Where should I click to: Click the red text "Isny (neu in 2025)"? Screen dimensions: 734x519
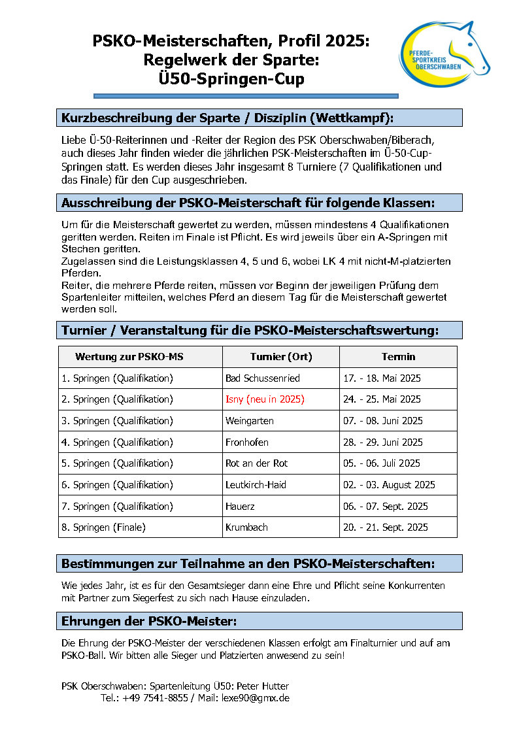(x=265, y=399)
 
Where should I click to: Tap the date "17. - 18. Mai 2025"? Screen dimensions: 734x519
(x=382, y=378)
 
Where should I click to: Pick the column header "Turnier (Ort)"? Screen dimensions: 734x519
(x=281, y=357)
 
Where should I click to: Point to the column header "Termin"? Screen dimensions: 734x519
(x=398, y=357)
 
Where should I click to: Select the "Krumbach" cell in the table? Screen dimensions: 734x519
(x=246, y=527)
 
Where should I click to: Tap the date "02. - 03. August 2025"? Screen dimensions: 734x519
(x=389, y=485)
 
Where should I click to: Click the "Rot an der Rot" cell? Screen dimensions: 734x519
(x=256, y=463)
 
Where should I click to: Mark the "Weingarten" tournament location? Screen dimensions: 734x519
(x=249, y=421)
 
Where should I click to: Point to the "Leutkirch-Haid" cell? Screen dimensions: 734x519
(x=256, y=485)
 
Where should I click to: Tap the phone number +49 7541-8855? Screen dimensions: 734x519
(x=156, y=698)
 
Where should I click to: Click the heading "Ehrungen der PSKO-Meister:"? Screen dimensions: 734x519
(x=149, y=621)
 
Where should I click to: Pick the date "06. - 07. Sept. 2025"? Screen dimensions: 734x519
(x=385, y=507)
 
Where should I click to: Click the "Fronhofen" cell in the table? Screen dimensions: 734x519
(x=246, y=442)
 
